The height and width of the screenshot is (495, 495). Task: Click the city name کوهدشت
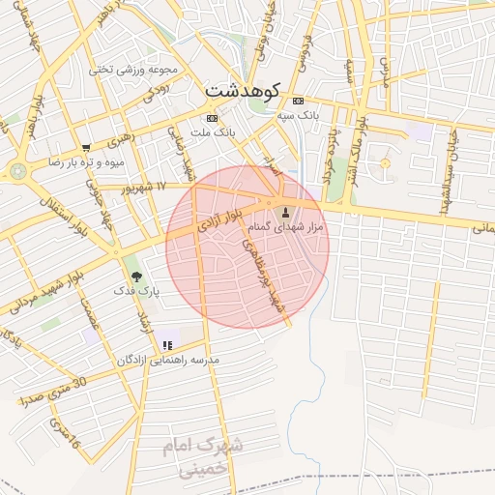pyautogui.click(x=242, y=90)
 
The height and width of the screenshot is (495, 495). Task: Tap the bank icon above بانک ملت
pyautogui.click(x=212, y=118)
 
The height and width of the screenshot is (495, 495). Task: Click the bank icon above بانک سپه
pyautogui.click(x=298, y=101)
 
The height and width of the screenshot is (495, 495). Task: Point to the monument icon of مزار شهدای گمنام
pyautogui.click(x=284, y=212)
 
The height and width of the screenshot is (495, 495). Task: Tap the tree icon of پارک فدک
pyautogui.click(x=135, y=277)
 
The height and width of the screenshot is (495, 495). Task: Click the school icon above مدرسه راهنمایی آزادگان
pyautogui.click(x=167, y=345)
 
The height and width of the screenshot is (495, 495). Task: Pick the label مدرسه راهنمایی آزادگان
pyautogui.click(x=168, y=360)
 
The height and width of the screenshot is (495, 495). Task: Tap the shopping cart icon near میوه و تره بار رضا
pyautogui.click(x=86, y=148)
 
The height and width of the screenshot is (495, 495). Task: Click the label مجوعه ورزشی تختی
pyautogui.click(x=134, y=70)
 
